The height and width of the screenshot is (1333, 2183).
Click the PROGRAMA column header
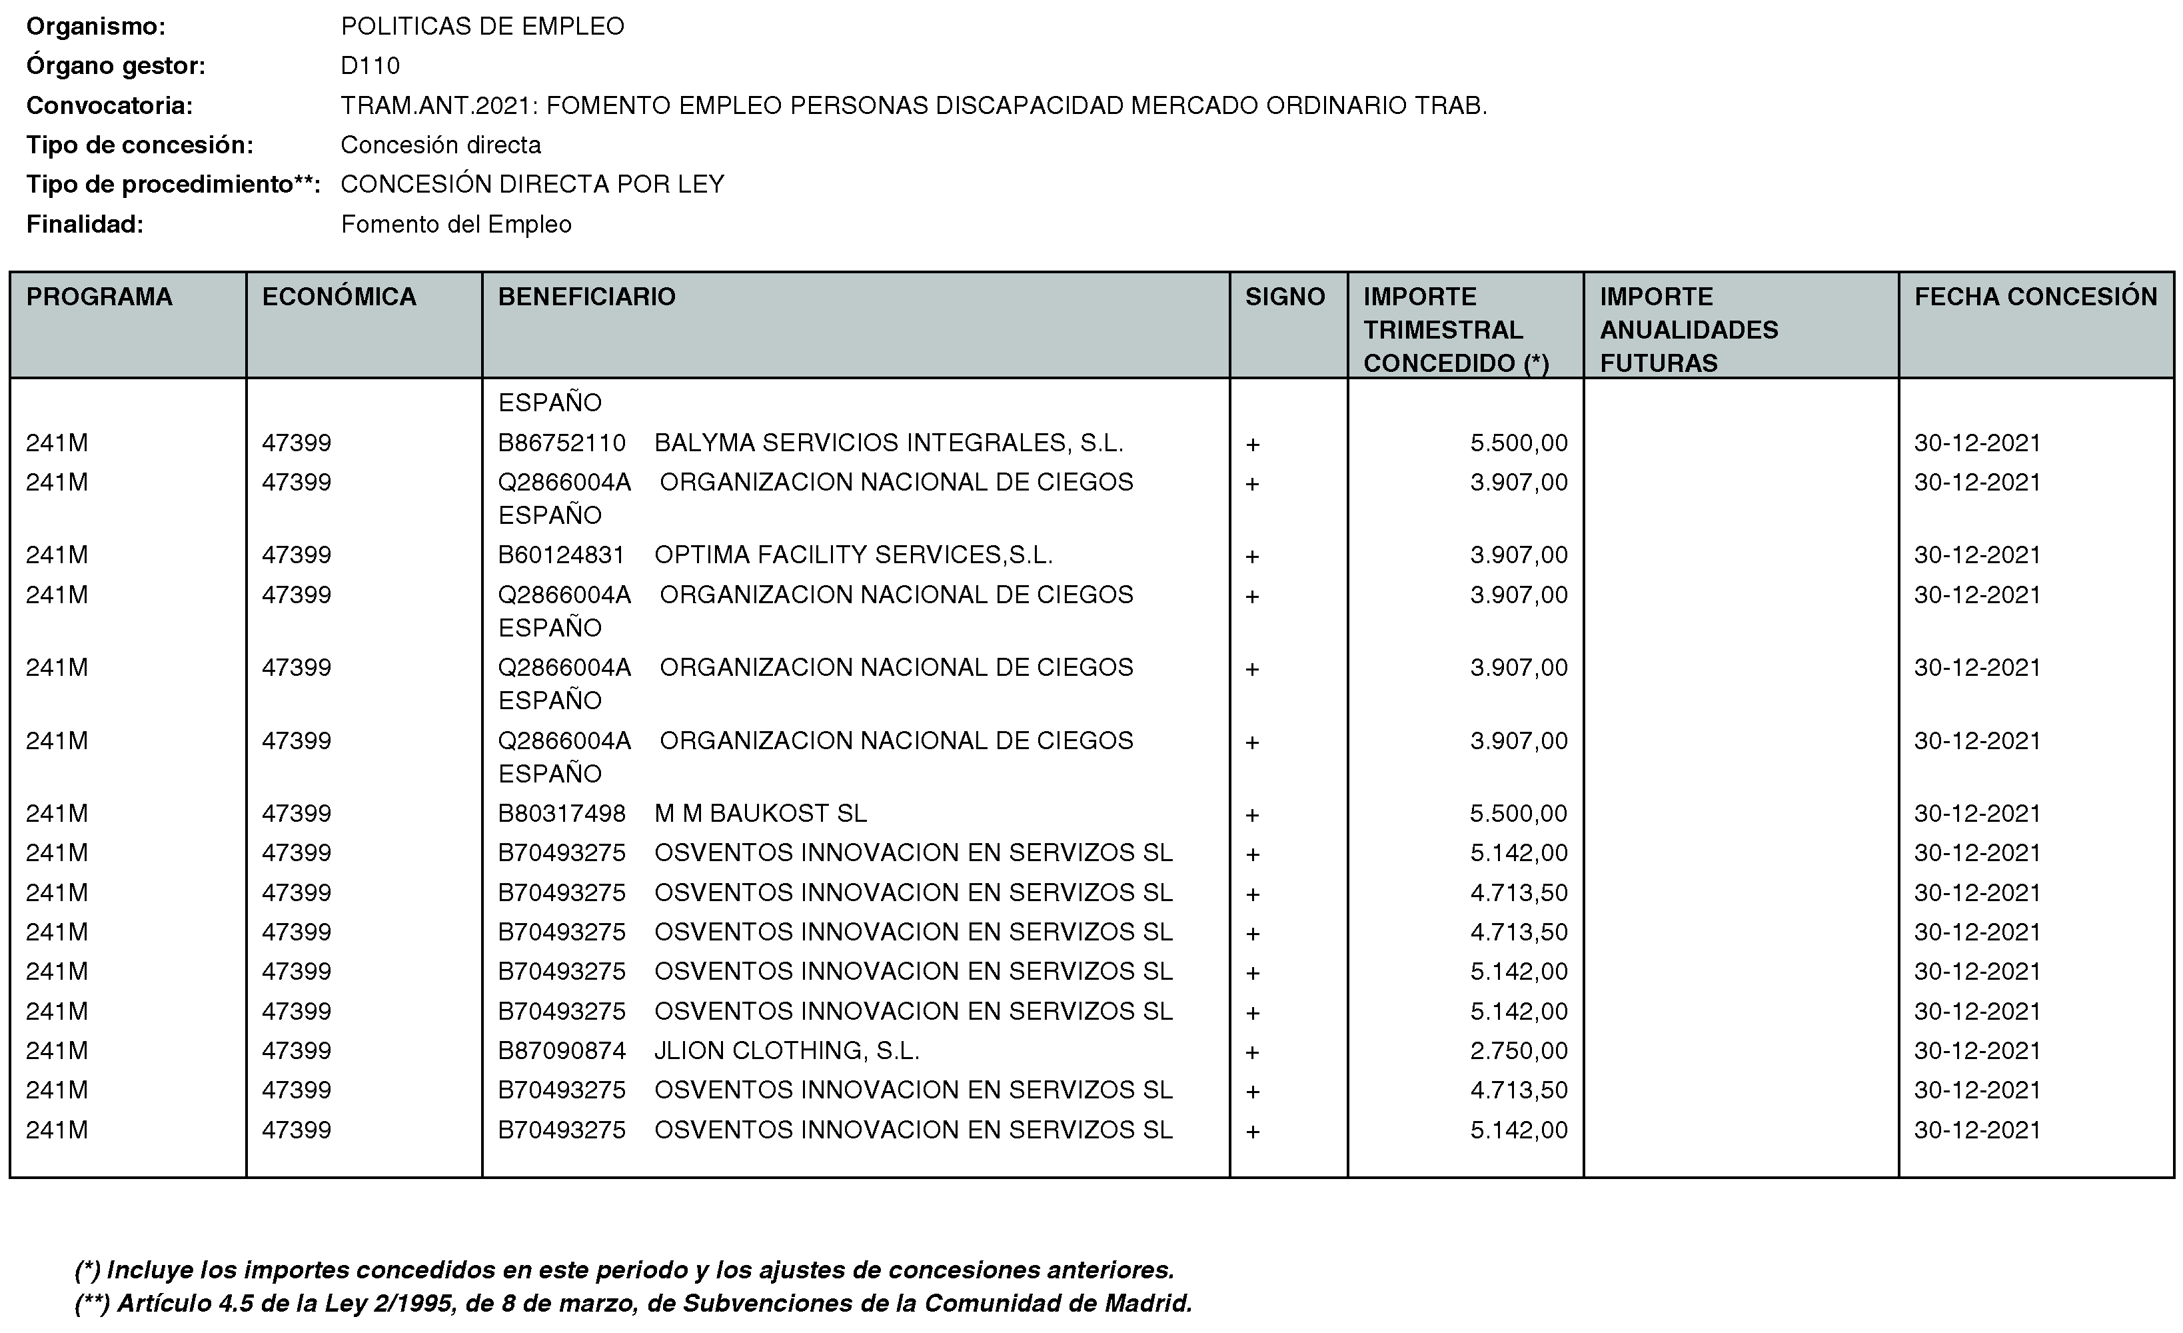(x=99, y=297)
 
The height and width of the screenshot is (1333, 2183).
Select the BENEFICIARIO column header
(x=586, y=297)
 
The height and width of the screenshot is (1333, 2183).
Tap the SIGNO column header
(x=1285, y=297)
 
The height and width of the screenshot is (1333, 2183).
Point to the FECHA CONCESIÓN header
(x=2035, y=297)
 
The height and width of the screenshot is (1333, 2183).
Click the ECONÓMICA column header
(x=339, y=297)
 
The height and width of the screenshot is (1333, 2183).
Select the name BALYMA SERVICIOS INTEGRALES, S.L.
(x=889, y=443)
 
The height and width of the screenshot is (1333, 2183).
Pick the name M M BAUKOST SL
(x=760, y=814)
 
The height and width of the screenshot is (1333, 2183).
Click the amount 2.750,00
(x=1519, y=1051)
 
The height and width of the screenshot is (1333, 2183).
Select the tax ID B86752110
(x=562, y=443)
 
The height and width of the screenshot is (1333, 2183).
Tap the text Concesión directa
(x=440, y=145)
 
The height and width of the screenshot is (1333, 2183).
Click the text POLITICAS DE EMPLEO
(x=482, y=27)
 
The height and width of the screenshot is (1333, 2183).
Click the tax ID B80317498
(x=562, y=814)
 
